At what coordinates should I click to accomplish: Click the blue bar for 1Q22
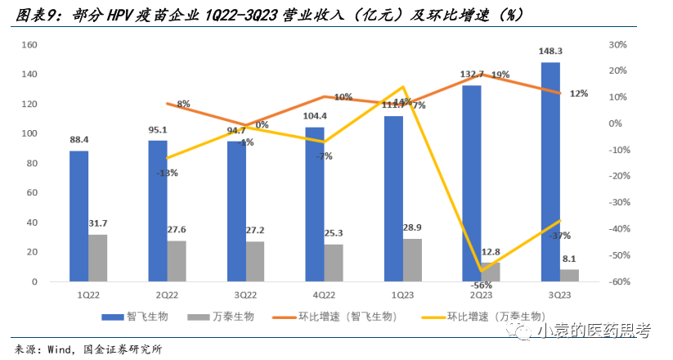click(79, 216)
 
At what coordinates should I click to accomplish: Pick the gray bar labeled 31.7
click(97, 258)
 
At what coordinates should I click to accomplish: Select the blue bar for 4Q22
click(315, 205)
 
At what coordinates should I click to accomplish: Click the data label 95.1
click(157, 130)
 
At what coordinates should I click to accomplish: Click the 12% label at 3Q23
click(578, 93)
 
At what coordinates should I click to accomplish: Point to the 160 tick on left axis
click(29, 45)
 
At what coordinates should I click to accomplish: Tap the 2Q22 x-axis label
click(167, 295)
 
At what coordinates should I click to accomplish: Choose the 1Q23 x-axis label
click(402, 295)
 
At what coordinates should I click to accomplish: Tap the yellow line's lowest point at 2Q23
click(481, 270)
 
